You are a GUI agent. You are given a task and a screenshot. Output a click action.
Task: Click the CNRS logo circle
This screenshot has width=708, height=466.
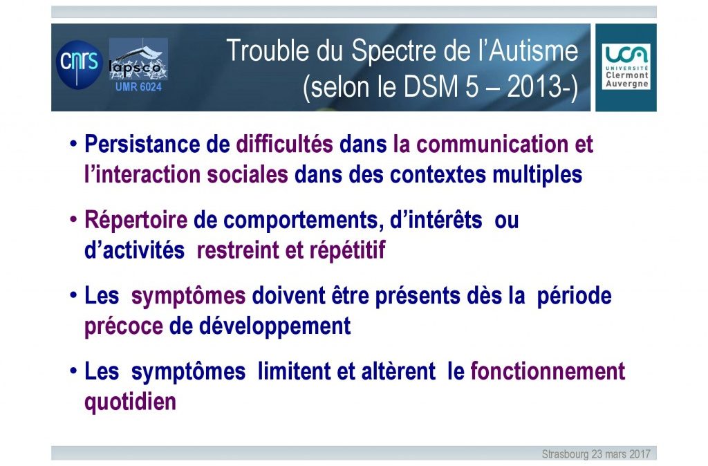pyautogui.click(x=80, y=64)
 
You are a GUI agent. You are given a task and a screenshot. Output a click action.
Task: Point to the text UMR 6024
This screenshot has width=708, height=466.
pyautogui.click(x=138, y=86)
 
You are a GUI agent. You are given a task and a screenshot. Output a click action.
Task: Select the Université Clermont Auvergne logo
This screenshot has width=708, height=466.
pyautogui.click(x=626, y=67)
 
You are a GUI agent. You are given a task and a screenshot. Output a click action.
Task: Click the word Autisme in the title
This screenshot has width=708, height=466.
pyautogui.click(x=533, y=50)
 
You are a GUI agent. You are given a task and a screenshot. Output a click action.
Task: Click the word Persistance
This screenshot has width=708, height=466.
pyautogui.click(x=142, y=145)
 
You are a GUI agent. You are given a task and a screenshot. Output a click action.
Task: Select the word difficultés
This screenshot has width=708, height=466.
pyautogui.click(x=284, y=145)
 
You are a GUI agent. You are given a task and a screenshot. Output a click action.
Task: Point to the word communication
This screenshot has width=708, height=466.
pyautogui.click(x=492, y=145)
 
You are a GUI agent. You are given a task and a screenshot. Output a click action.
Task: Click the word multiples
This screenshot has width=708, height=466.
pyautogui.click(x=537, y=175)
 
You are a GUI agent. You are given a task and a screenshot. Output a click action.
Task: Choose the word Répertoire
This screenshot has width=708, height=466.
pyautogui.click(x=136, y=221)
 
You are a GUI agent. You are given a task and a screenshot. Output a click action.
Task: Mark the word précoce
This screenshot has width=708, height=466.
pyautogui.click(x=124, y=327)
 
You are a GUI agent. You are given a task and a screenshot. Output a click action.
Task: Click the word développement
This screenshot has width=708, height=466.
pyautogui.click(x=274, y=327)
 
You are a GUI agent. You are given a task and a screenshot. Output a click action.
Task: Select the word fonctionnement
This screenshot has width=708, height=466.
pyautogui.click(x=548, y=371)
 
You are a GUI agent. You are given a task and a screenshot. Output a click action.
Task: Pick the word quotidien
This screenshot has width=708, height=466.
pyautogui.click(x=130, y=402)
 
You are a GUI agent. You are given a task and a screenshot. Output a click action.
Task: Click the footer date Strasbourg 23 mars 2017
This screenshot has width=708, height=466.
pyautogui.click(x=596, y=454)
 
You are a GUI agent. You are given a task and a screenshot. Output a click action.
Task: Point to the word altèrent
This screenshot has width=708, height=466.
pyautogui.click(x=398, y=371)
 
